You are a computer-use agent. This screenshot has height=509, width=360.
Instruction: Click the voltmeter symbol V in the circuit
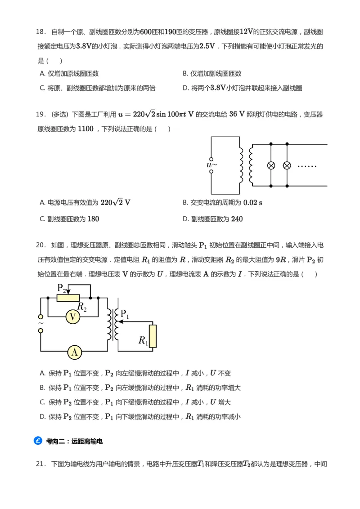tap(73, 317)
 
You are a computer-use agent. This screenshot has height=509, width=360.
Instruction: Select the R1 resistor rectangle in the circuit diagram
tap(153, 336)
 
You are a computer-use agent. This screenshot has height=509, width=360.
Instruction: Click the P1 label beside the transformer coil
tap(125, 314)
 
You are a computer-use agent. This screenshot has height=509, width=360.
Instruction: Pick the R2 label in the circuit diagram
tap(82, 307)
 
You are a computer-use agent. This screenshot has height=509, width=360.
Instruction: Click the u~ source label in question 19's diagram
tap(212, 165)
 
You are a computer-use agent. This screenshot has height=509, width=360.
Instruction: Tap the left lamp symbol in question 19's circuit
tap(271, 165)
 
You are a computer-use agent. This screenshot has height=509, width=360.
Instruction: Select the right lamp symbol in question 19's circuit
tap(287, 165)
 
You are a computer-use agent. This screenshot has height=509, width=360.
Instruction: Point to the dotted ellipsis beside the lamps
tap(307, 166)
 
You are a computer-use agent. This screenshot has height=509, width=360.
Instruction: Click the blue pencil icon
tap(38, 441)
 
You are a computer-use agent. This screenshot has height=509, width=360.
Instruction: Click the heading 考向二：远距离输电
tap(74, 441)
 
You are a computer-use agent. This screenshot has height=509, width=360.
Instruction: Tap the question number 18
tap(40, 32)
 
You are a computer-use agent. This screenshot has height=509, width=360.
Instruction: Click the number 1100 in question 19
tap(85, 129)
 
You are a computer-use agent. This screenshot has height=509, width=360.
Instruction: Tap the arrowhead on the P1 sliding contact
tap(119, 322)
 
